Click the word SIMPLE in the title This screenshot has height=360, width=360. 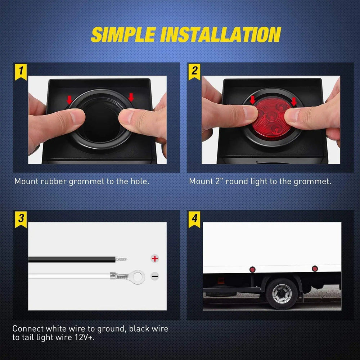tap(123, 35)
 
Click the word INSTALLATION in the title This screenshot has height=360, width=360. tap(221, 35)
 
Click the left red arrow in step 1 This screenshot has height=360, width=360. tap(69, 98)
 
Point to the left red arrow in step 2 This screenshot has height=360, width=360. tap(252, 100)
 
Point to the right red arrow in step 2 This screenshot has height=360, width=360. tap(294, 101)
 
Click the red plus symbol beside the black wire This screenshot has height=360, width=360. tap(155, 258)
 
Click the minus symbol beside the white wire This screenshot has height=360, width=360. tap(155, 276)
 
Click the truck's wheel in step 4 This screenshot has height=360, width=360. tap(282, 293)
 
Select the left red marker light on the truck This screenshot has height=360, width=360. tap(252, 269)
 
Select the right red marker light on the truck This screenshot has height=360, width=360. tap(315, 269)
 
